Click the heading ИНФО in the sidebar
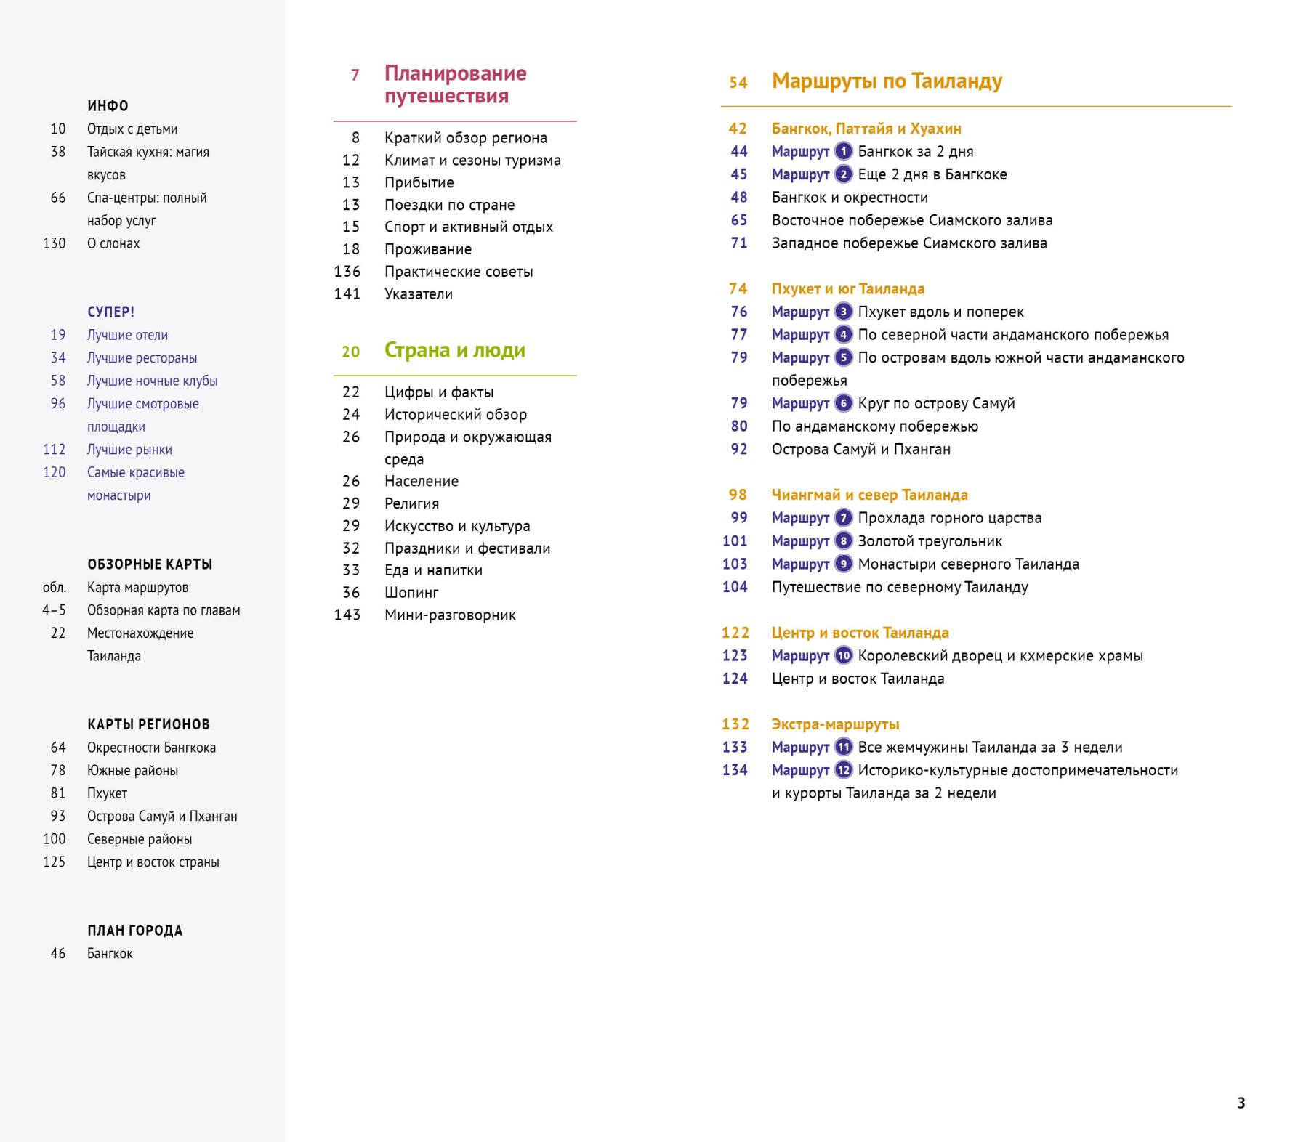click(108, 106)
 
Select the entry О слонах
click(113, 243)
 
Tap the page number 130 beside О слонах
click(55, 243)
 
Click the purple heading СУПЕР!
click(110, 312)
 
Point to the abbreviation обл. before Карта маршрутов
click(55, 588)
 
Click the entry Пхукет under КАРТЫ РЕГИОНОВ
click(107, 793)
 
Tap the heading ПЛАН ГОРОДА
click(134, 931)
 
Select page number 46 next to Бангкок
click(58, 954)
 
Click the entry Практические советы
click(459, 272)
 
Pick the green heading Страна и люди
click(454, 350)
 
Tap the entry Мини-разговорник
click(450, 615)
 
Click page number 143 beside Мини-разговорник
click(347, 615)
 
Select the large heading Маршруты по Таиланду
click(887, 81)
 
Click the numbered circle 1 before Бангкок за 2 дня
click(843, 152)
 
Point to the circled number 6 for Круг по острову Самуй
click(843, 403)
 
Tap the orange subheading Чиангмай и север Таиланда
click(869, 495)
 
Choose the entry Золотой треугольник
click(930, 541)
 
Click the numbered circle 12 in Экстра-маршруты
click(843, 770)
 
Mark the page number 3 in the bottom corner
click(1241, 1103)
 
